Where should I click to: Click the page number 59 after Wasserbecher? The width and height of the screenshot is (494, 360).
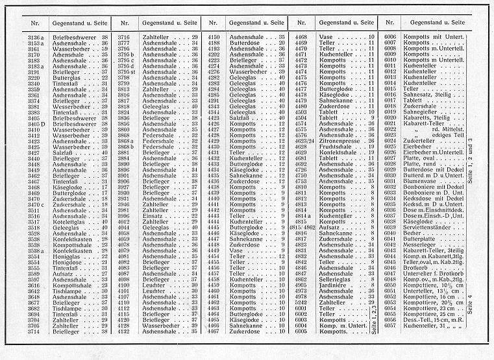tap(105, 49)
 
